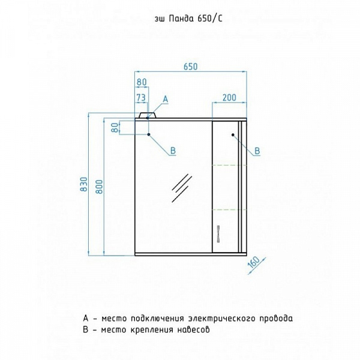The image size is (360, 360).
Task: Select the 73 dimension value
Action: pos(141,97)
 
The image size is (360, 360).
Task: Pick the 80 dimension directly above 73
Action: pos(141,82)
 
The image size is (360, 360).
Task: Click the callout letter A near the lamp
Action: pos(166,98)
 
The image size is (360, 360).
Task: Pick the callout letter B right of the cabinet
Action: pos(257,151)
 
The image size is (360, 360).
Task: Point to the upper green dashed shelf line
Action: pos(226,164)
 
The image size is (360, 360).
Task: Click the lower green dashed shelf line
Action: pos(226,209)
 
